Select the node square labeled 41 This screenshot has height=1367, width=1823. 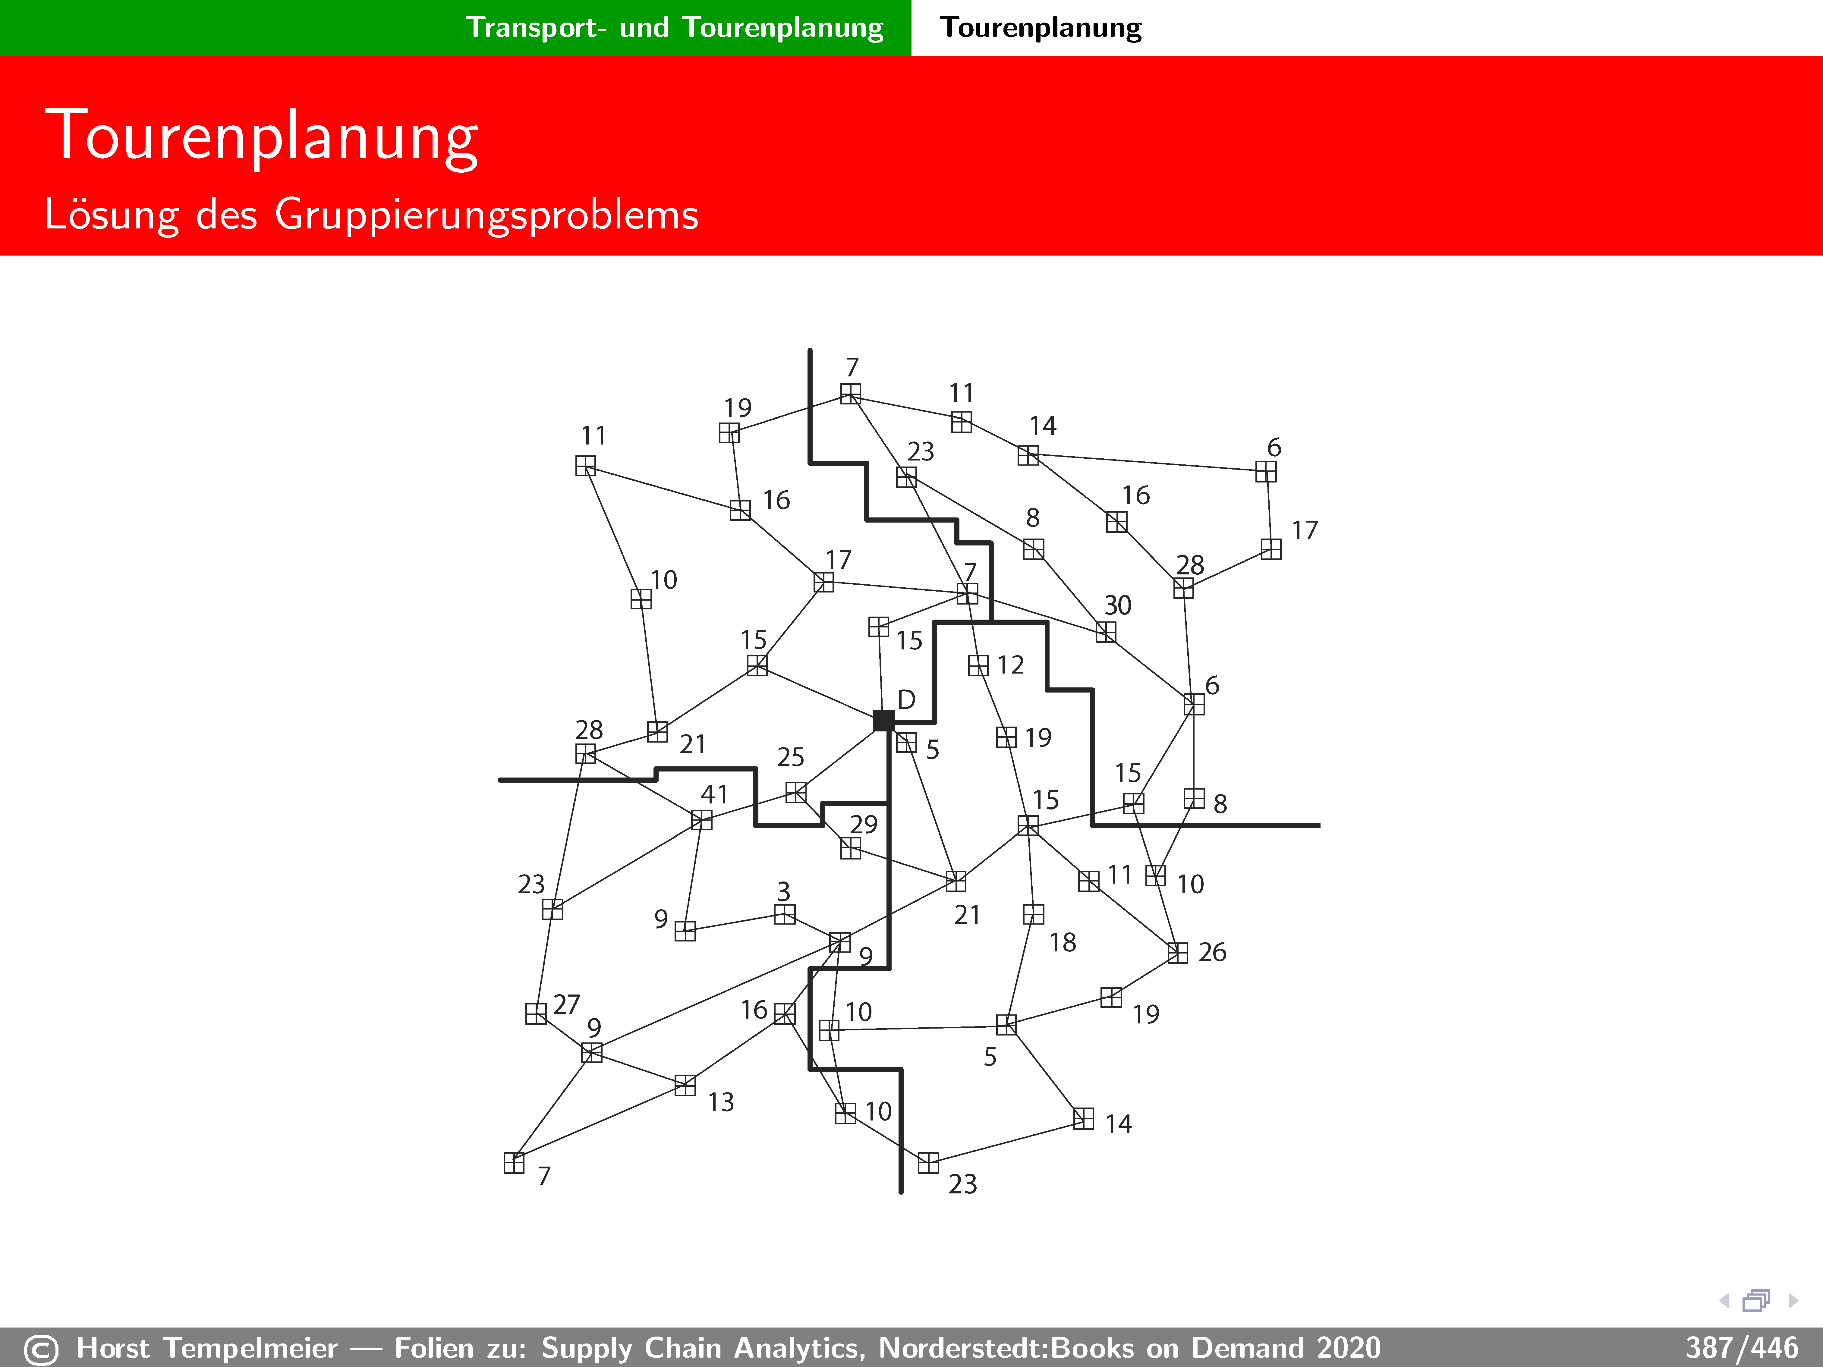point(701,820)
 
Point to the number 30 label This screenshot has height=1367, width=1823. point(1118,606)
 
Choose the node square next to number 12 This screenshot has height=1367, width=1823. point(978,665)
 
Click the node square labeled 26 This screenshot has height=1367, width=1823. point(1178,953)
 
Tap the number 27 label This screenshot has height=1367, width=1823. point(566,1004)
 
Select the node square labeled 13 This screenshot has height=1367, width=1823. point(685,1085)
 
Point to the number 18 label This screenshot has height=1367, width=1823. point(1062,942)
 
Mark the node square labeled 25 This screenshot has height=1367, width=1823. point(795,792)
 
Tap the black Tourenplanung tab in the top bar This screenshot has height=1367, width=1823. point(1041,27)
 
